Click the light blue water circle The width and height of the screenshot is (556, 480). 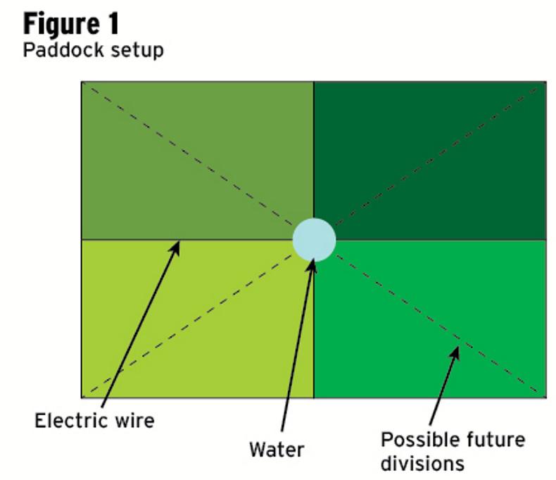click(x=314, y=240)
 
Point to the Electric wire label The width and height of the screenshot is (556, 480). click(x=94, y=421)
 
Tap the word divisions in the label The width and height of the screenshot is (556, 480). click(x=422, y=463)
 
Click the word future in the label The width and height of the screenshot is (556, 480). click(x=495, y=441)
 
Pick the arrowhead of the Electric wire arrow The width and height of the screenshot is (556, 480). click(x=177, y=245)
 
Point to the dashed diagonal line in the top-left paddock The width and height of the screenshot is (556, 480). click(x=190, y=159)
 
